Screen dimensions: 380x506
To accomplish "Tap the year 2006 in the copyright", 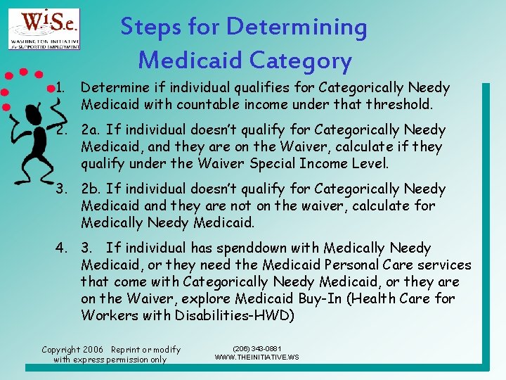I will tap(91, 350).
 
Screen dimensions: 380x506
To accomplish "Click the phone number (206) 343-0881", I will tap(256, 348).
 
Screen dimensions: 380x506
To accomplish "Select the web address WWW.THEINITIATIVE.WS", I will tap(256, 357).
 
